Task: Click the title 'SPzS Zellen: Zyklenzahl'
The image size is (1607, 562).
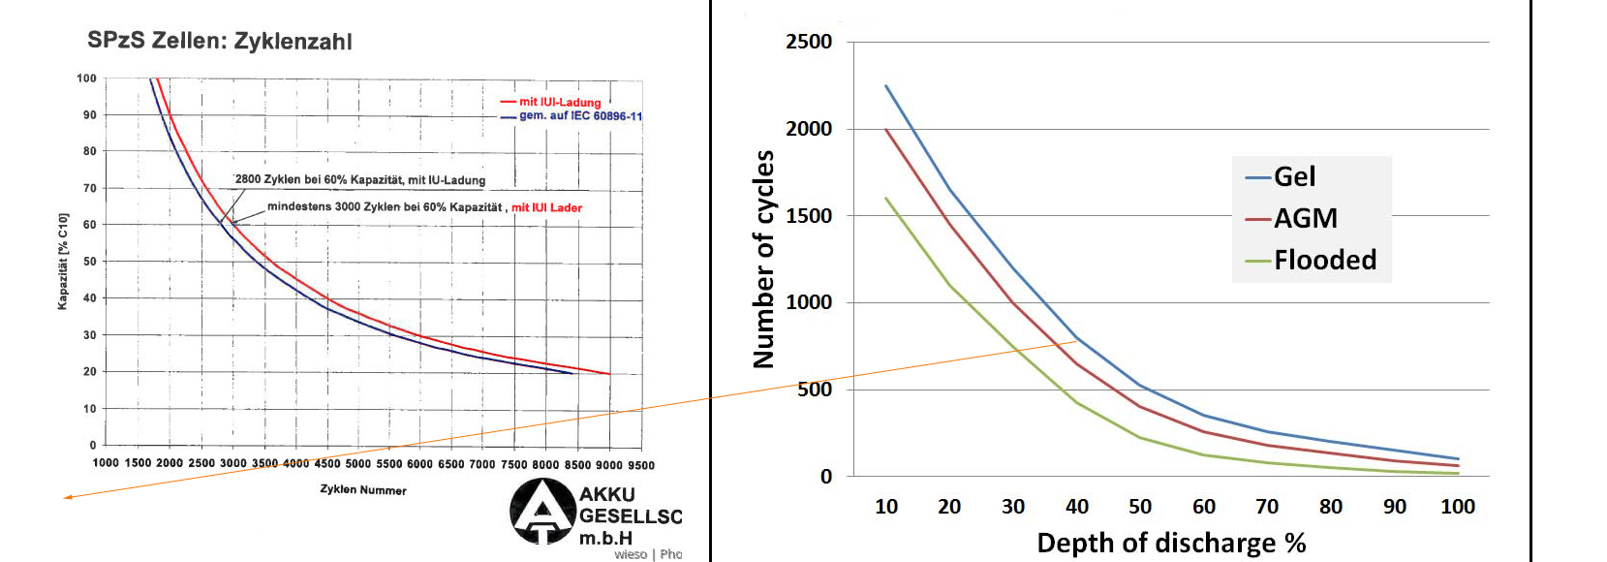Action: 220,41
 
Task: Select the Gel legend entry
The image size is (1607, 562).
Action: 1294,176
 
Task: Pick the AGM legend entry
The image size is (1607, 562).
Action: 1305,218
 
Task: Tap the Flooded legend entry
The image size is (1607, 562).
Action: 1324,260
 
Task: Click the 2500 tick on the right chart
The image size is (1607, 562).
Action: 809,42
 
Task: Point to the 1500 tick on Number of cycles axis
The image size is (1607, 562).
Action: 809,215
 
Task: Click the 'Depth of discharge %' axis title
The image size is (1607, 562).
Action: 1171,543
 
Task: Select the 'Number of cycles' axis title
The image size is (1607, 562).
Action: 764,259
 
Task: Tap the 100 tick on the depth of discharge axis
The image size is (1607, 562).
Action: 1457,506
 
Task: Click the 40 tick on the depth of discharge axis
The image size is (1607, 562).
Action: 1076,506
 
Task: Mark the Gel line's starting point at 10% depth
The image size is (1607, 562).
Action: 886,86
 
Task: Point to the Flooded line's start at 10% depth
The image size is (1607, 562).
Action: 886,199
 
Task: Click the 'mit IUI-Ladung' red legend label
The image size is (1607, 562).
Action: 560,102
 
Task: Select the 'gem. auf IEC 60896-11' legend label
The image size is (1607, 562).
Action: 580,115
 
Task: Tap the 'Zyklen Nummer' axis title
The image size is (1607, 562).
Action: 363,489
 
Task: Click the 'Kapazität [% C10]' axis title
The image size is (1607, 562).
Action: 63,262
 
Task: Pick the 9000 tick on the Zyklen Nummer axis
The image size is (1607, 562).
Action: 609,464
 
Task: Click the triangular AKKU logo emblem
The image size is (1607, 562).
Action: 542,511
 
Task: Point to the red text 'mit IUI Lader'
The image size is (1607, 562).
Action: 546,207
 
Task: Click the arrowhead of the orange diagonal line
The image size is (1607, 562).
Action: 66,498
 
